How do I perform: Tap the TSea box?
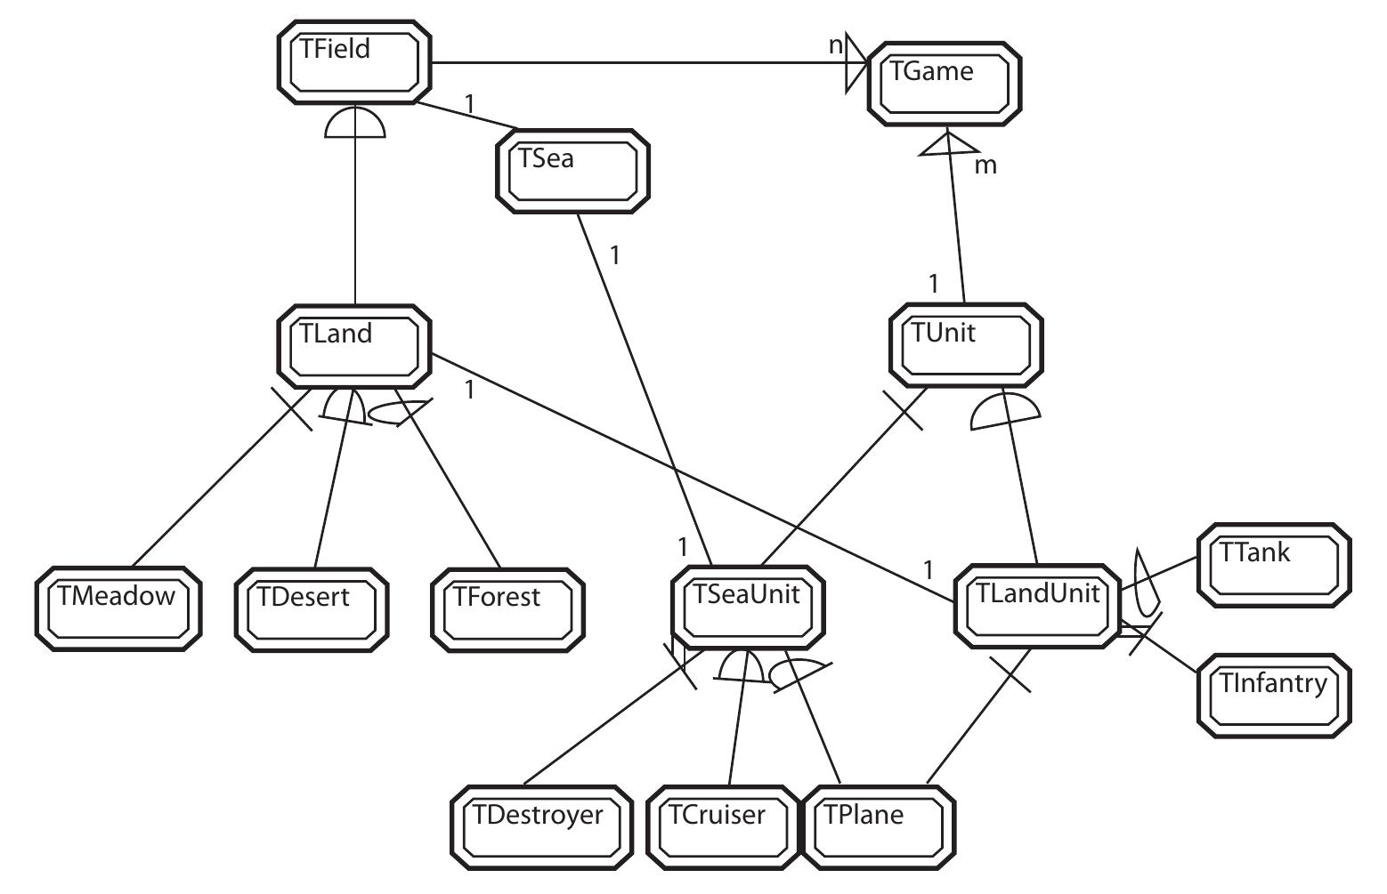[x=571, y=172]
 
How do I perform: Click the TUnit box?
[x=965, y=346]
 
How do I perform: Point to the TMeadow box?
[x=118, y=609]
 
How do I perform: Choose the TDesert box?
[x=312, y=609]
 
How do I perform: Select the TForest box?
[x=507, y=609]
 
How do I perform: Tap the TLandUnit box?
[x=1036, y=606]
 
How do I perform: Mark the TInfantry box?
[x=1274, y=696]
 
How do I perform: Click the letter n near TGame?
[x=835, y=46]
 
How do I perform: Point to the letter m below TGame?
[x=985, y=165]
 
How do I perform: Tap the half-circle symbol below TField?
[x=355, y=125]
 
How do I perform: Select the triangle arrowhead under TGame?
[x=949, y=143]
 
